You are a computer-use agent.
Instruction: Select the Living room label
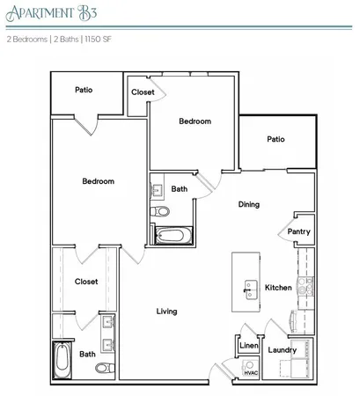point(167,312)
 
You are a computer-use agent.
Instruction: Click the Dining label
point(248,205)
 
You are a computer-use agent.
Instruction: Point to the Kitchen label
point(278,288)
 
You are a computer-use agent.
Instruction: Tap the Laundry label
point(283,349)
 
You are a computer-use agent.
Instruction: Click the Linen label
point(248,346)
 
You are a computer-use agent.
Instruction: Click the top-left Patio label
point(84,90)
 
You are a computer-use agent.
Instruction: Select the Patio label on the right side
point(276,139)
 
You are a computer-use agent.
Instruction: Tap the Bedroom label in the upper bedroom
point(195,121)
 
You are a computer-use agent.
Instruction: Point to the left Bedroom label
point(98,181)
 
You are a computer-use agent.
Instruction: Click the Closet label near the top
point(143,92)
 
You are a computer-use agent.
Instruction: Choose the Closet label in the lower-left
point(85,282)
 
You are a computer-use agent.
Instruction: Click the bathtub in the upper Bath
point(170,236)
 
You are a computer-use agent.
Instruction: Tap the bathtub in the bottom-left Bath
point(62,360)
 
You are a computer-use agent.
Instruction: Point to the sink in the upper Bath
point(158,189)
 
